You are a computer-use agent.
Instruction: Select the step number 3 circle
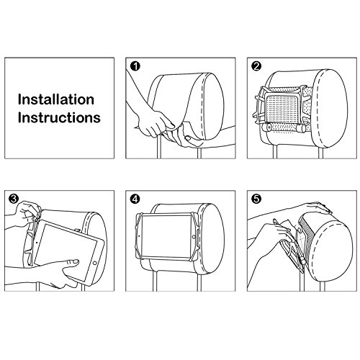[12, 196]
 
